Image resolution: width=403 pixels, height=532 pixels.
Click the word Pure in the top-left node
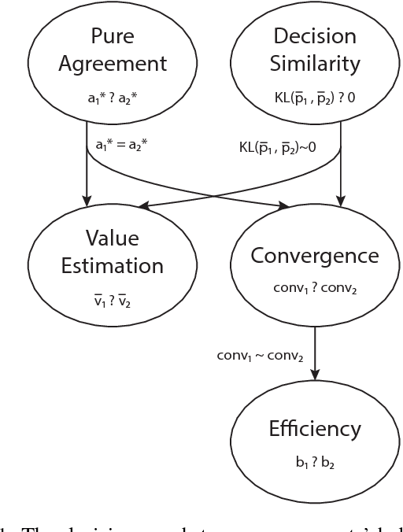click(x=112, y=36)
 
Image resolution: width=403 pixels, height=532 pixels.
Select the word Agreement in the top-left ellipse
click(x=112, y=63)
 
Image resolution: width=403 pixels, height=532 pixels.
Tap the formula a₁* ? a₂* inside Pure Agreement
click(x=112, y=98)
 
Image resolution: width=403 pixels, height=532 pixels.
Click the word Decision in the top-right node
click(x=315, y=36)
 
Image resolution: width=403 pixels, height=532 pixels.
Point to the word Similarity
click(x=315, y=63)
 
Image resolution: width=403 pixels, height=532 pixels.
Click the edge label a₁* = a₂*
click(x=123, y=146)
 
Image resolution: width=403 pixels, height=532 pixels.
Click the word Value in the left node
click(x=112, y=238)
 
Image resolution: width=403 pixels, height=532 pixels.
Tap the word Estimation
click(x=112, y=265)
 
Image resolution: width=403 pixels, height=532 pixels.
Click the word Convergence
click(x=315, y=255)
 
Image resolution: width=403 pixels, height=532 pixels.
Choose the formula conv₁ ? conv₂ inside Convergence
click(x=315, y=287)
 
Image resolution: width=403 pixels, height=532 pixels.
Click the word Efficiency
click(x=315, y=429)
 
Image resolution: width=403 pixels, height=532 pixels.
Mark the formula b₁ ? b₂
click(x=315, y=464)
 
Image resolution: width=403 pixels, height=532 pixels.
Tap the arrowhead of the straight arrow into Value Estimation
click(x=87, y=200)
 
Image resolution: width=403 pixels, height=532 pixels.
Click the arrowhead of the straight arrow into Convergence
click(x=340, y=201)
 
